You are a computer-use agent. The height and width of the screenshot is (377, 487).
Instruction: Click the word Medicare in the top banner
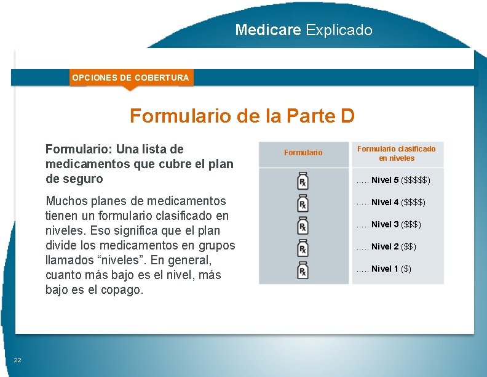click(268, 30)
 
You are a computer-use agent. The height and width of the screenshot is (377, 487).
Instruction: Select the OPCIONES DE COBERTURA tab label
click(130, 78)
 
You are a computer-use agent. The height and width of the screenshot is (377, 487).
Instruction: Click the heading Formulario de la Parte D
click(242, 116)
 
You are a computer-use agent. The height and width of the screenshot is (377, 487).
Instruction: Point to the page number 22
click(18, 360)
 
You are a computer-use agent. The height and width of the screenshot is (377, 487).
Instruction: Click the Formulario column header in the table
click(303, 153)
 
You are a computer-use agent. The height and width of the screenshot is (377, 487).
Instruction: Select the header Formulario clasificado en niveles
click(397, 153)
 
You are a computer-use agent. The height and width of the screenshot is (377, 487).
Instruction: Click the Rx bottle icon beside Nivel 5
click(303, 180)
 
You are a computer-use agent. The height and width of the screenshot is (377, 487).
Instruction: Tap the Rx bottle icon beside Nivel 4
click(303, 203)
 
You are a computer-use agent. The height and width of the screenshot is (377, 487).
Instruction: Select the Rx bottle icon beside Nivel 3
click(303, 225)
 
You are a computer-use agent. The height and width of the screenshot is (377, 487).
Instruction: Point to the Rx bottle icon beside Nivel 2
click(303, 247)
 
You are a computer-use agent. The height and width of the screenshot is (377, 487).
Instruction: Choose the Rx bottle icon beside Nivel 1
click(303, 269)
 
